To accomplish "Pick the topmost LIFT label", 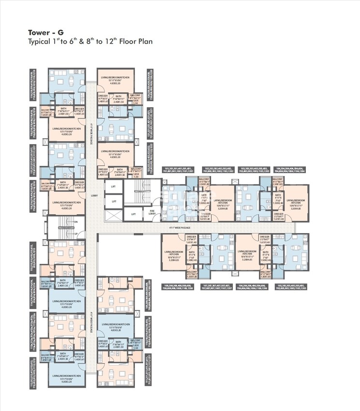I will coord(114,186).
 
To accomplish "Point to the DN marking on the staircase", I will coord(76,222).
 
